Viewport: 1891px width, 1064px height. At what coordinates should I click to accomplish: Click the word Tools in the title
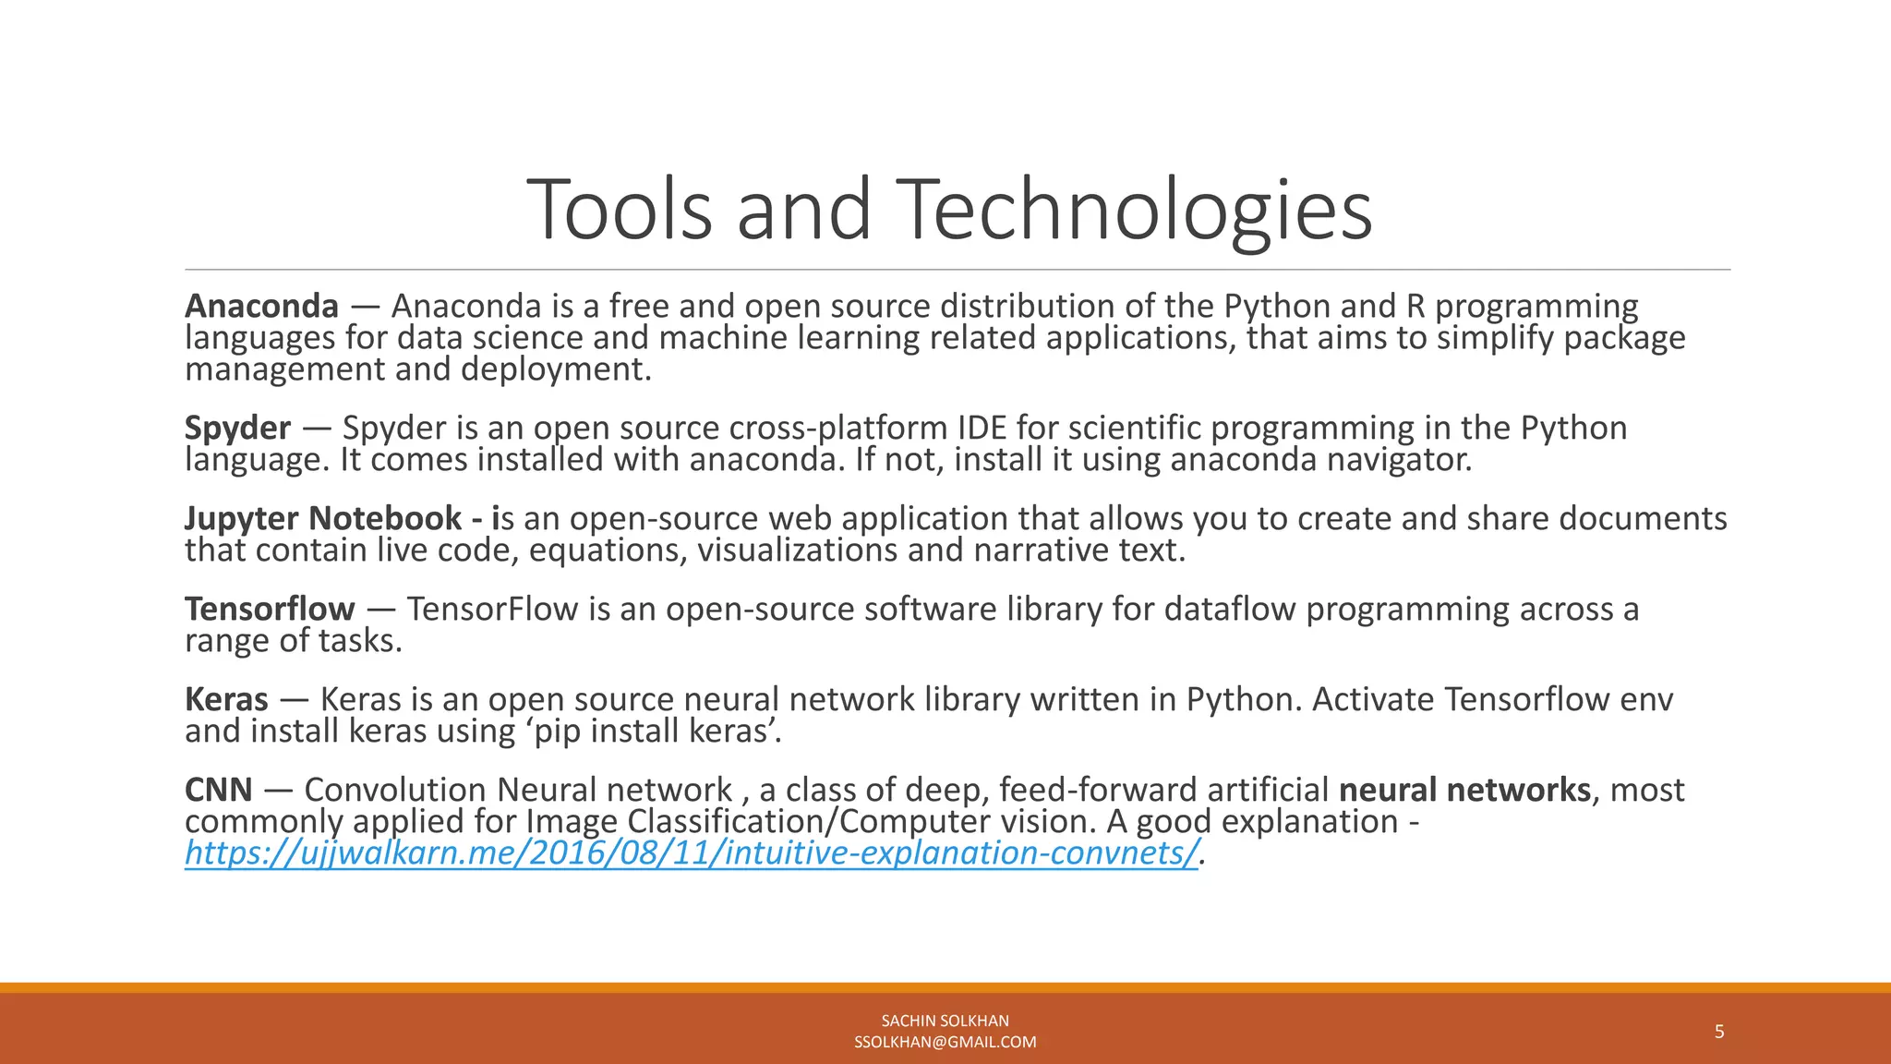pyautogui.click(x=621, y=210)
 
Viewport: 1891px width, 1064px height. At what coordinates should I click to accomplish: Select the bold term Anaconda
pyautogui.click(x=261, y=306)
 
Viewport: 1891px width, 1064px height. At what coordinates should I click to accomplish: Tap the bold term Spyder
pyautogui.click(x=237, y=428)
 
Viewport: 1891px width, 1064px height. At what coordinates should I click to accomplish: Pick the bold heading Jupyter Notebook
pyautogui.click(x=323, y=518)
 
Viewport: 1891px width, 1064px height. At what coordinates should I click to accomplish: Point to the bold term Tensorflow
pyautogui.click(x=269, y=609)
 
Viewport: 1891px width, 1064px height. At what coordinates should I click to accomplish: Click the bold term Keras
pyautogui.click(x=226, y=699)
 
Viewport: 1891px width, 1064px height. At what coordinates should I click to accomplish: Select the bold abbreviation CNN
pyautogui.click(x=218, y=790)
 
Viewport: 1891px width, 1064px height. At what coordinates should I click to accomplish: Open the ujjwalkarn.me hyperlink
pyautogui.click(x=692, y=852)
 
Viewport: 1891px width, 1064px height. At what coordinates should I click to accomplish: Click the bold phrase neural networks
pyautogui.click(x=1464, y=790)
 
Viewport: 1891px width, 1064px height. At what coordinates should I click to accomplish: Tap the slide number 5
pyautogui.click(x=1719, y=1032)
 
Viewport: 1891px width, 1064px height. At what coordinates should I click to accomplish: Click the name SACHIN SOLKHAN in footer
pyautogui.click(x=945, y=1021)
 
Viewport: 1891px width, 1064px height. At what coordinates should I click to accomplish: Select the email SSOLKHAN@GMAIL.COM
pyautogui.click(x=945, y=1043)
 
